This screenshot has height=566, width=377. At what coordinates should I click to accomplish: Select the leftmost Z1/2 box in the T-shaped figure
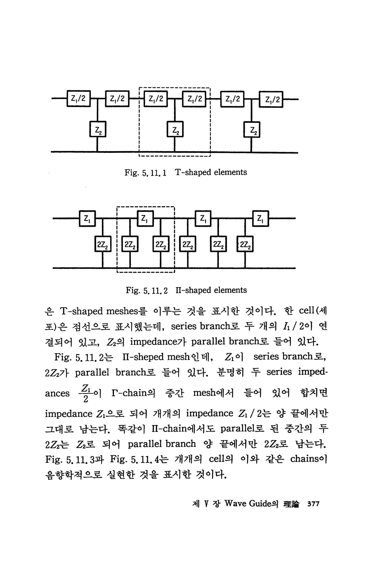click(79, 99)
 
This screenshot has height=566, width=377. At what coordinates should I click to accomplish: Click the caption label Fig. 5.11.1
click(145, 172)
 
